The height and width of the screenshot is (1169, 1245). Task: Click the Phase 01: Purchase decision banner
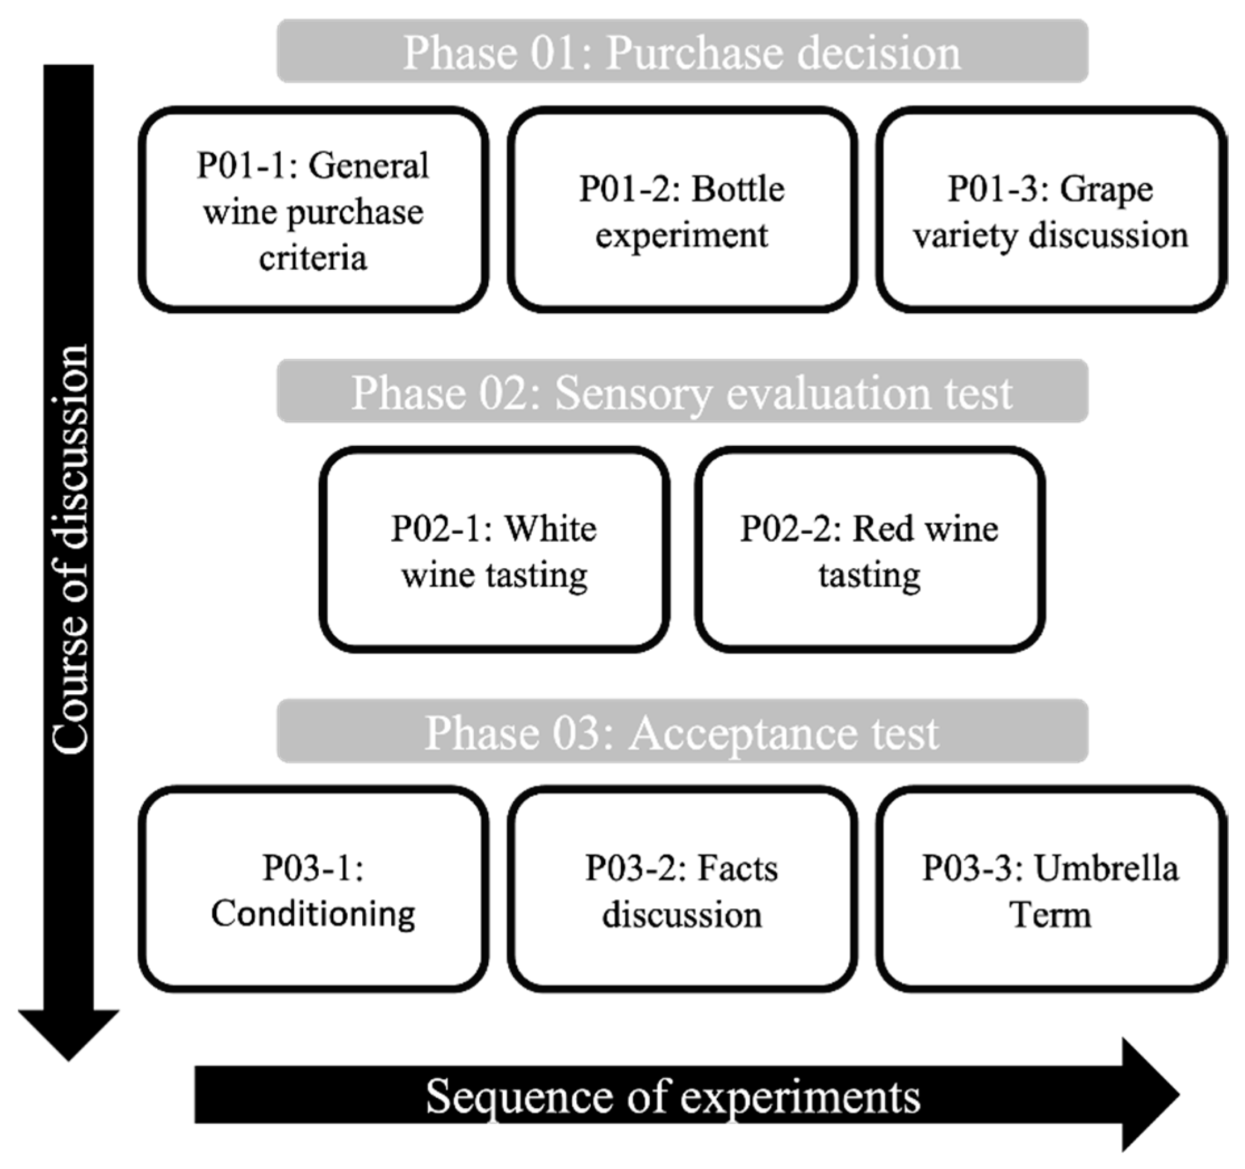click(682, 51)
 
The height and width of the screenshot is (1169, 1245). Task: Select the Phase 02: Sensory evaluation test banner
click(682, 391)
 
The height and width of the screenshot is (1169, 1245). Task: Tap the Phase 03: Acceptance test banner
click(682, 732)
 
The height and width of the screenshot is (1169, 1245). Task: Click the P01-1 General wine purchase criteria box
click(313, 210)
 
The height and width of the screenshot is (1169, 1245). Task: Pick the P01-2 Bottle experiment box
click(682, 210)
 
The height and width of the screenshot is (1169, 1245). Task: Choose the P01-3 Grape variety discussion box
click(1051, 210)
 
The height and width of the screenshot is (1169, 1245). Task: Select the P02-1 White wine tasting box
click(494, 550)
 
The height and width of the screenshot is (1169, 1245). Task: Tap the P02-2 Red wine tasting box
click(869, 550)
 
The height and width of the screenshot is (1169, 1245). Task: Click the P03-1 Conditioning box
click(313, 890)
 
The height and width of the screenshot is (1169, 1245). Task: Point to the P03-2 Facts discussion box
click(682, 890)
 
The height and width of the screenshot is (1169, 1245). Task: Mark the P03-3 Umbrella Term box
click(1051, 890)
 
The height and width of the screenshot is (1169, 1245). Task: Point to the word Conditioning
click(313, 914)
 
